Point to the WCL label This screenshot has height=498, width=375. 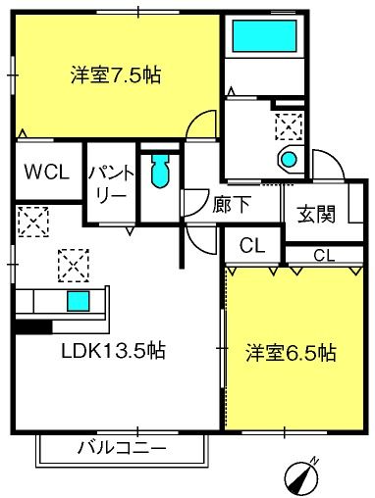pos(46,172)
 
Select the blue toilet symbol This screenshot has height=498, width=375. pos(160,172)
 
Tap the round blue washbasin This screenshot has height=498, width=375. pos(289,158)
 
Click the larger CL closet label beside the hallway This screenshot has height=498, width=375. pos(252,245)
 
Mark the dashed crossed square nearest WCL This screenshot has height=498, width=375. pos(32,221)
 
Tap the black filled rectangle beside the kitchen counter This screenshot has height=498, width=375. pos(32,327)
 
